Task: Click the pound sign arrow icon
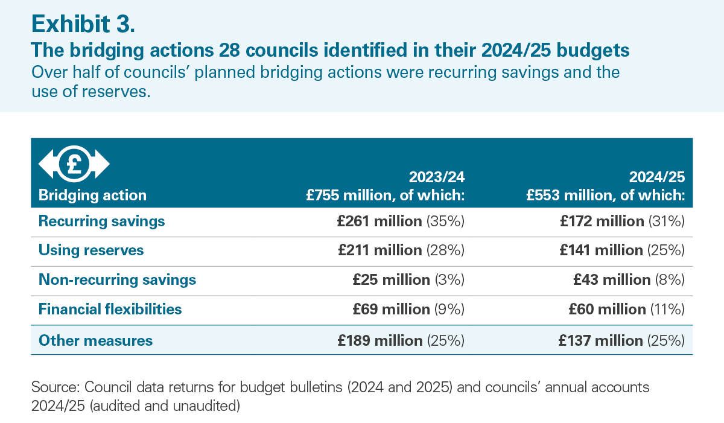point(74,163)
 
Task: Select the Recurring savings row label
point(101,221)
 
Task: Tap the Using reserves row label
point(91,250)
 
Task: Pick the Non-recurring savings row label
point(117,280)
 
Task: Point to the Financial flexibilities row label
point(110,310)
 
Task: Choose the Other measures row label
point(95,341)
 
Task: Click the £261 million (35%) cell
point(401,221)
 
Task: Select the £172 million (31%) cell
point(622,221)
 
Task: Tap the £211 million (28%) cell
point(401,250)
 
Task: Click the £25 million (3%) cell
point(408,280)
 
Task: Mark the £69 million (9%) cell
point(408,310)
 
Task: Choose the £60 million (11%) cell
point(626,310)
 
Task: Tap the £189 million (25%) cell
point(401,341)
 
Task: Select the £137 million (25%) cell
point(622,341)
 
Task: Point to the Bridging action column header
point(92,196)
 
